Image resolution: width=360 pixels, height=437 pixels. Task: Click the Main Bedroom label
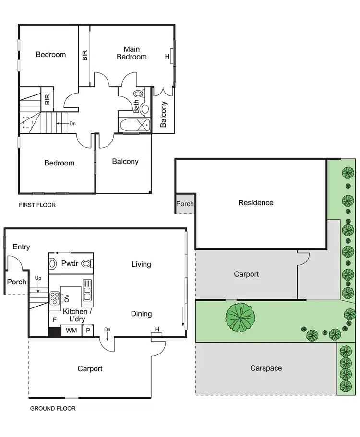(132, 53)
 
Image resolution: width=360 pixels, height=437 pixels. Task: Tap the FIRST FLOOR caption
(37, 205)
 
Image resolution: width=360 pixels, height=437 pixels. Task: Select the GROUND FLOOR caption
(52, 409)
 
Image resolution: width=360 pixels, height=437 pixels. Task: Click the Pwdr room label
(70, 263)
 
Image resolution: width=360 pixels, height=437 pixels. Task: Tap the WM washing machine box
(71, 331)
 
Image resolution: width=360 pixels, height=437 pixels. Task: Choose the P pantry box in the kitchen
(88, 331)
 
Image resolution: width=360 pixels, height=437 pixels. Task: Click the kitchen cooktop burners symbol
(54, 298)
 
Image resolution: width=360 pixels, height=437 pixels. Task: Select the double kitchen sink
(87, 290)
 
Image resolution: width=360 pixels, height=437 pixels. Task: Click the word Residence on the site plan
(256, 203)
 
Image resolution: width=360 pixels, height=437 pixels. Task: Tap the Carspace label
(266, 368)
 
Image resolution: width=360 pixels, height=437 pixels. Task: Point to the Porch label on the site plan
(185, 204)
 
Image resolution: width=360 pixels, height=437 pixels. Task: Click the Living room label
(141, 264)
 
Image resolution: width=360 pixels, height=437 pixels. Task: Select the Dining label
(141, 314)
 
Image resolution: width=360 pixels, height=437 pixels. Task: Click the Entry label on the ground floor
(21, 247)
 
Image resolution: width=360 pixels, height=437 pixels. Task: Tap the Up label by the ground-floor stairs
(38, 278)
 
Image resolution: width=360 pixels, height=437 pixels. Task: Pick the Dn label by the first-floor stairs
(72, 123)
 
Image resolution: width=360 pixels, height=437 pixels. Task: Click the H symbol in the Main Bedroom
(167, 57)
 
